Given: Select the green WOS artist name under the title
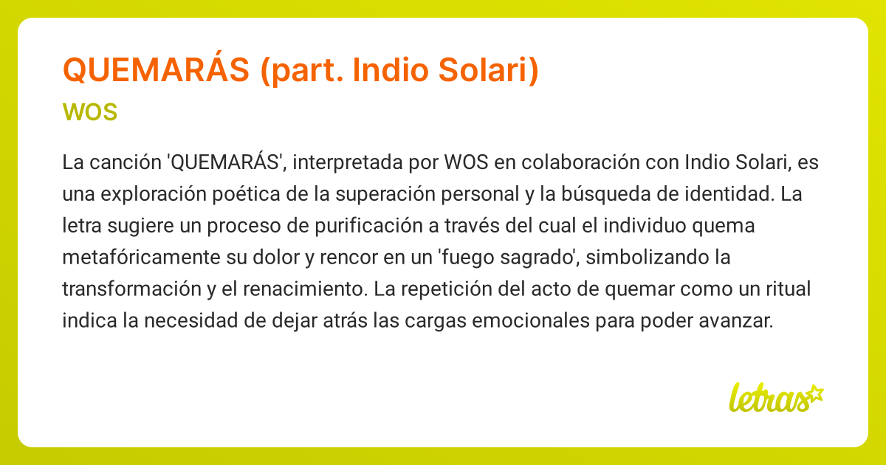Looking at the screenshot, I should tap(90, 113).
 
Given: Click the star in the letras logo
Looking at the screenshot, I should tap(814, 393).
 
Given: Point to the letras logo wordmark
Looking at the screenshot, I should tap(768, 399).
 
